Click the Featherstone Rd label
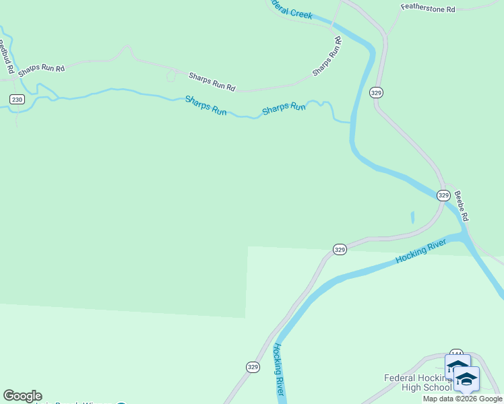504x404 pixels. pyautogui.click(x=428, y=9)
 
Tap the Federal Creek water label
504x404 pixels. pyautogui.click(x=291, y=10)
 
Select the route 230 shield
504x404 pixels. pyautogui.click(x=17, y=100)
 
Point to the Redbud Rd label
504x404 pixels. pyautogui.click(x=6, y=57)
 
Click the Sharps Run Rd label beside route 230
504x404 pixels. pyautogui.click(x=41, y=69)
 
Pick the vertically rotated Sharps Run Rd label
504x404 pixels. pyautogui.click(x=327, y=57)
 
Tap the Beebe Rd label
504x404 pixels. pyautogui.click(x=461, y=206)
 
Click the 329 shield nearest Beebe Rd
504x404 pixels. pyautogui.click(x=443, y=195)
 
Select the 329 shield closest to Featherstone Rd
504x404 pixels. pyautogui.click(x=377, y=93)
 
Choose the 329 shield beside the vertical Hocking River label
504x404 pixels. pyautogui.click(x=253, y=367)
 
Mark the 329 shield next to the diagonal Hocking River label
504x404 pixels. pyautogui.click(x=340, y=249)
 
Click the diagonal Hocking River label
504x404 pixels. pyautogui.click(x=420, y=250)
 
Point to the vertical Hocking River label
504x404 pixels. pyautogui.click(x=279, y=370)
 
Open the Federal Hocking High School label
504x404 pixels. pyautogui.click(x=418, y=382)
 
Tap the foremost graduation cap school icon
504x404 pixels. pyautogui.click(x=466, y=379)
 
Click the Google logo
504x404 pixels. pyautogui.click(x=22, y=396)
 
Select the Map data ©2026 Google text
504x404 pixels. pyautogui.click(x=462, y=399)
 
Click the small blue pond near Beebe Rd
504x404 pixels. pyautogui.click(x=412, y=217)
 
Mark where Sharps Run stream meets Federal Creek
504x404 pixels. pyautogui.click(x=351, y=123)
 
